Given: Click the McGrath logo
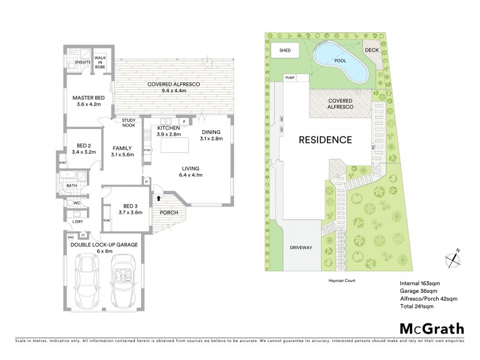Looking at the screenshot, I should tap(431, 328).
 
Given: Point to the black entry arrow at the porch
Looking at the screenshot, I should tap(158, 197).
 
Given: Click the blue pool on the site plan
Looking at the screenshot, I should tap(339, 64).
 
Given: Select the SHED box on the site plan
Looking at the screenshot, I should tap(286, 50).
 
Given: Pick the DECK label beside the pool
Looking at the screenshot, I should tap(372, 50).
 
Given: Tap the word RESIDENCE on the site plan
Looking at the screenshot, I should tap(325, 140).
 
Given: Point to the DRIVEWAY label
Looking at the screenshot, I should tap(301, 247).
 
